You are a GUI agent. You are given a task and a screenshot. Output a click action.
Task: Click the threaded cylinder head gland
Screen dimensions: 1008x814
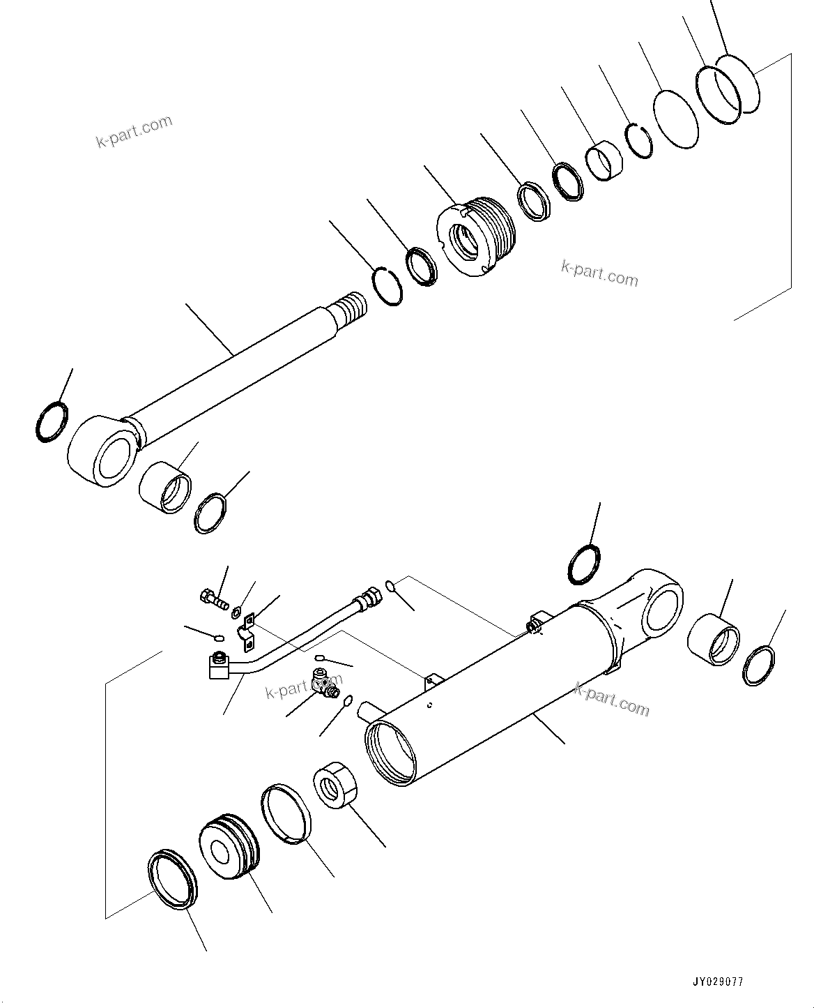pyautogui.click(x=477, y=233)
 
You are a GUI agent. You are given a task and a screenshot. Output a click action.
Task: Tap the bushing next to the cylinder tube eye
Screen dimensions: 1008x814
pyautogui.click(x=714, y=639)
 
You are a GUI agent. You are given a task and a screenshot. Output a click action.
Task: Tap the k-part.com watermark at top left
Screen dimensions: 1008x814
pyautogui.click(x=134, y=131)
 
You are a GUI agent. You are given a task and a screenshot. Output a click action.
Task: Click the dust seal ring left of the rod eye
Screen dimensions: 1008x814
pyautogui.click(x=52, y=422)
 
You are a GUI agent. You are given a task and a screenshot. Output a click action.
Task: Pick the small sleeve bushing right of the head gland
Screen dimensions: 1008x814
pyautogui.click(x=604, y=159)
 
